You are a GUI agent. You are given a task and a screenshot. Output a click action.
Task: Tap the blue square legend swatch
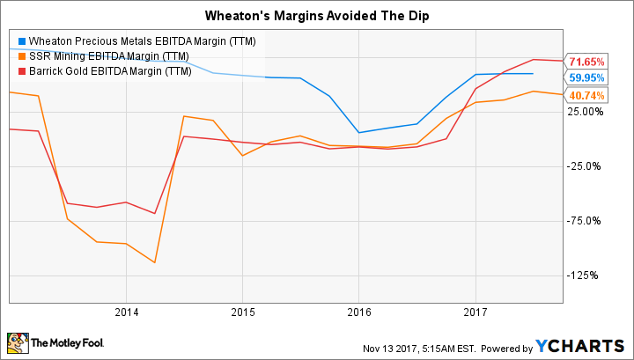23,41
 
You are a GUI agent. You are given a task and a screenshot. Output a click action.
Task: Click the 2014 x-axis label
126,312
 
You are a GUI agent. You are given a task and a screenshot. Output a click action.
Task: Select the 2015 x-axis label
242,312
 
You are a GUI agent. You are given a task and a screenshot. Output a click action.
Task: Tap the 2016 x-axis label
358,312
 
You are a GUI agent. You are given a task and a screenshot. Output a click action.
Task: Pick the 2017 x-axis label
475,312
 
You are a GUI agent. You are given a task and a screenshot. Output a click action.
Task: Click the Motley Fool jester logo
17,341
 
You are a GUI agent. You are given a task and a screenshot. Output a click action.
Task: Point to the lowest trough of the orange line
155,262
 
